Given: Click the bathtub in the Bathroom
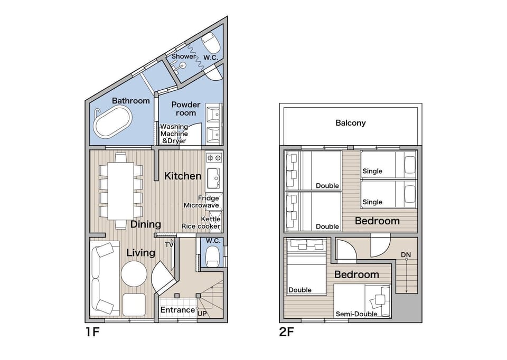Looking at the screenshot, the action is pos(113,121).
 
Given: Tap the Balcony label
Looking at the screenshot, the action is pos(351,123).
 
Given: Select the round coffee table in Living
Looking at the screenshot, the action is pos(134,274).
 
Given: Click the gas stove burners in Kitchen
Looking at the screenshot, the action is pos(214,158).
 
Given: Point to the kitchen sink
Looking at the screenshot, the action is pos(214,178).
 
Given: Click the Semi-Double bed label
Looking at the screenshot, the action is pos(356,314).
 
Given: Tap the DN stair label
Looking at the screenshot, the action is pos(406,254).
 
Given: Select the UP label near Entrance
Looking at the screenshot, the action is pos(202,314).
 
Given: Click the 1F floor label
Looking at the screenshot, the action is pos(92,332).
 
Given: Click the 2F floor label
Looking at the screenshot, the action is pos(287,332).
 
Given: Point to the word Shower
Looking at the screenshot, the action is pos(184,56).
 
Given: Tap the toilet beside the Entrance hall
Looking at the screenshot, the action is pos(212,256).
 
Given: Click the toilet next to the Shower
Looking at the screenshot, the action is pos(211,43).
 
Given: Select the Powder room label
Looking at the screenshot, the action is pos(186,109).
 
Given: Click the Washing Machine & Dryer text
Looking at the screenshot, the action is pos(174,134).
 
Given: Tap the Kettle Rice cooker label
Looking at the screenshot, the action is pos(201,223).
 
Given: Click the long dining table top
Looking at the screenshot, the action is pos(120,191).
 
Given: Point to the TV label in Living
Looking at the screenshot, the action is pos(169,245).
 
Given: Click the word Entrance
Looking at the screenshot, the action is pos(177,310).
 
